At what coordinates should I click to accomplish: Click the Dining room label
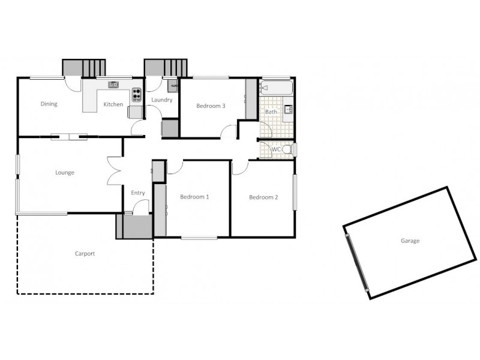tap(49, 104)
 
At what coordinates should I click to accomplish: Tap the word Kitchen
tap(113, 104)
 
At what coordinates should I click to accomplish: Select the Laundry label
tap(162, 100)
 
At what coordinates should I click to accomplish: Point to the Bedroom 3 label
tap(211, 106)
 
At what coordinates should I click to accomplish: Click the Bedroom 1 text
tap(194, 197)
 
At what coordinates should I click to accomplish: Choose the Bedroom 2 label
tap(263, 197)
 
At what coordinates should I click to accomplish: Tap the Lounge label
tap(65, 173)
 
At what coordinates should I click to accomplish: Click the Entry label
tap(138, 193)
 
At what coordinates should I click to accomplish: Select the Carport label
tap(85, 254)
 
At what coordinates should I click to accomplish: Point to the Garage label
tap(410, 241)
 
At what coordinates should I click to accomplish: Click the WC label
tap(277, 149)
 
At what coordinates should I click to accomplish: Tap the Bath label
tap(271, 112)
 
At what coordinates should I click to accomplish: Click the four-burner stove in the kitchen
tap(137, 94)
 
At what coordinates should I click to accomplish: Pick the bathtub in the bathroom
tap(276, 88)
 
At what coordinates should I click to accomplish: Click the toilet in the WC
tap(288, 149)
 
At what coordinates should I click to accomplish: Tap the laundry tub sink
tap(173, 85)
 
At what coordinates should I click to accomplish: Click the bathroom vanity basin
tap(288, 110)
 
